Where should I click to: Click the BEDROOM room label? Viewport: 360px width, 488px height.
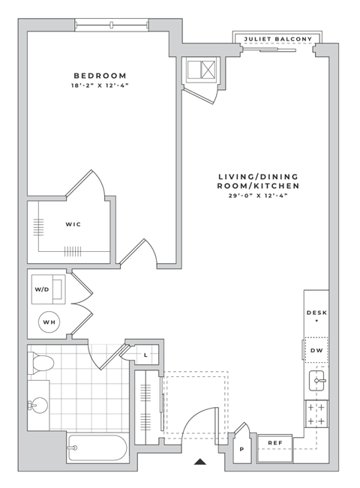99,76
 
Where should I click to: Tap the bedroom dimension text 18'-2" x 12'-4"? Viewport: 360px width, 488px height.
99,87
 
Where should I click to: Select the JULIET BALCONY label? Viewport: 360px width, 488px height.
278,40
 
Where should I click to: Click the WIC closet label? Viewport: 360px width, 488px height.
73,224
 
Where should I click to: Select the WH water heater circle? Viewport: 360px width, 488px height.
49,323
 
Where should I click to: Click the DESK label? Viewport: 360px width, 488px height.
316,313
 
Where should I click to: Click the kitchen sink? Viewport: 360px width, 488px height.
316,382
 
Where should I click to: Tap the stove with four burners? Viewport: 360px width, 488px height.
316,413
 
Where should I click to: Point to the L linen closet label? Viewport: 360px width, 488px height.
145,355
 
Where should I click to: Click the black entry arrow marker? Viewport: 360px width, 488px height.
199,463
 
